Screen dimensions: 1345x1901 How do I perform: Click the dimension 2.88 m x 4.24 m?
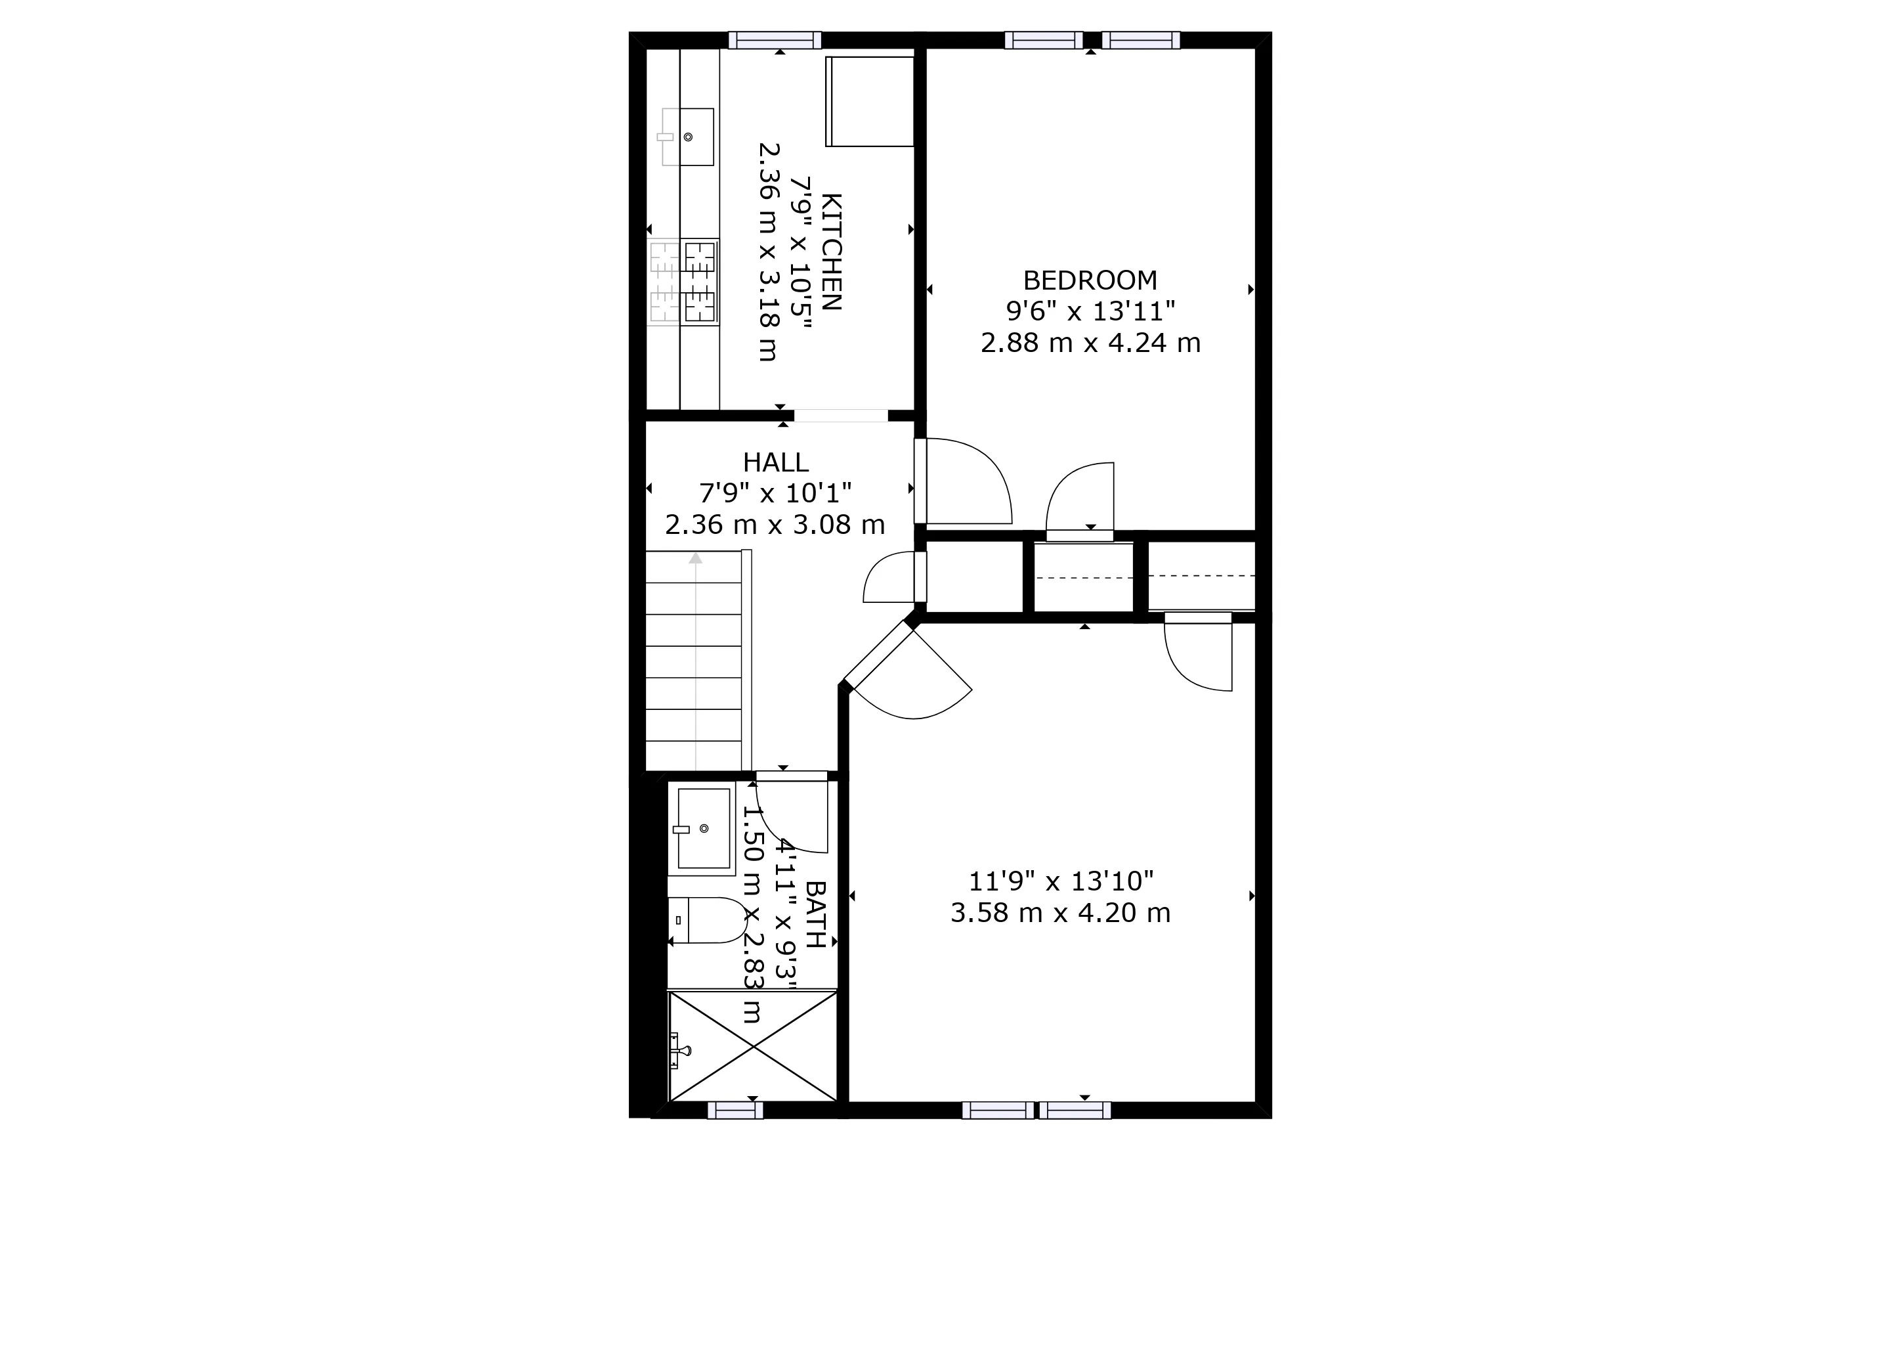(x=1090, y=342)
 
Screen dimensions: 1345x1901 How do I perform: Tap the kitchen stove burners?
(x=684, y=282)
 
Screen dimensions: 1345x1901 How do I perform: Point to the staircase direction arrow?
(x=696, y=559)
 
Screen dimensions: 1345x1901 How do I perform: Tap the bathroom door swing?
(x=792, y=816)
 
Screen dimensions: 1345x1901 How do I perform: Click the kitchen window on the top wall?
(x=775, y=40)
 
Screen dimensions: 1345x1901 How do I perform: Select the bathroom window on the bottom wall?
(x=735, y=1111)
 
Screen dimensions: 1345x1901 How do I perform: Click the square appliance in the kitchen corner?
(x=869, y=101)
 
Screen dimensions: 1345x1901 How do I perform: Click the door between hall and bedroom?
(x=964, y=482)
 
